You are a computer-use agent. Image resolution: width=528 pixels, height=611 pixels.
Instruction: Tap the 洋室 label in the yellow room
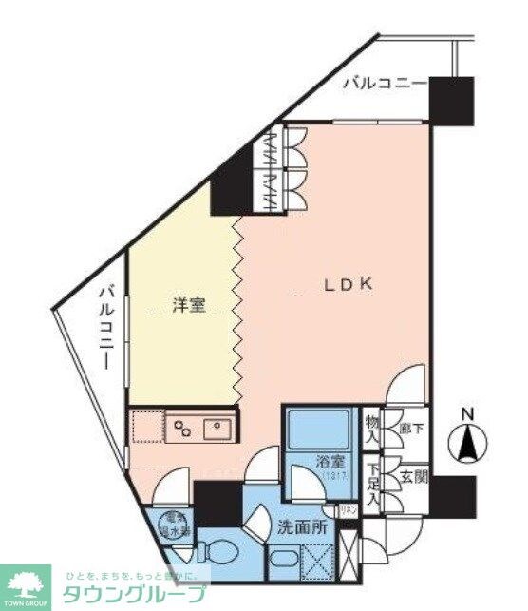[x=188, y=306]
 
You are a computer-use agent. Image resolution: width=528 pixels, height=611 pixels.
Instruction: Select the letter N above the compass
[x=466, y=413]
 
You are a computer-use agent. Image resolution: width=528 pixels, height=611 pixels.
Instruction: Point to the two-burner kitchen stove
[x=183, y=427]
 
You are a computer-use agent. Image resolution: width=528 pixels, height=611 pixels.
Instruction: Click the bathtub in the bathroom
[x=320, y=429]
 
